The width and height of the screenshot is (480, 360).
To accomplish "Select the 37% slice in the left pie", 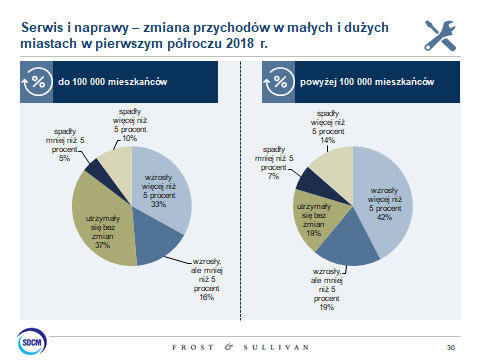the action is pyautogui.click(x=100, y=223).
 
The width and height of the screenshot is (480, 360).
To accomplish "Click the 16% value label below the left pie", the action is pyautogui.click(x=206, y=297).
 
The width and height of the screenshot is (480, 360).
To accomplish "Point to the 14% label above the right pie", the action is pyautogui.click(x=327, y=140).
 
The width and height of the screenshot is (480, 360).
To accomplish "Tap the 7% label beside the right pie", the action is pyautogui.click(x=273, y=176).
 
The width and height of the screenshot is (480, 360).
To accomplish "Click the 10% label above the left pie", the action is pyautogui.click(x=130, y=138).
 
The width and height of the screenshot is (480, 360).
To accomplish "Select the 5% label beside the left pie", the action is pyautogui.click(x=64, y=158).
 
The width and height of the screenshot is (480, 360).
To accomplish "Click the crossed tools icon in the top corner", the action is pyautogui.click(x=440, y=36).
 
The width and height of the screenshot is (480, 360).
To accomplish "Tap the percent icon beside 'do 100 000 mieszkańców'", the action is pyautogui.click(x=37, y=82).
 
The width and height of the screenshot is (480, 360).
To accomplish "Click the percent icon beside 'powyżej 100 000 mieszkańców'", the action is pyautogui.click(x=279, y=82).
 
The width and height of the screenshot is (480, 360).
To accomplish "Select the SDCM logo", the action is pyautogui.click(x=32, y=341).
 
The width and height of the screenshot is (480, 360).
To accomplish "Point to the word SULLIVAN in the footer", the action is pyautogui.click(x=276, y=347).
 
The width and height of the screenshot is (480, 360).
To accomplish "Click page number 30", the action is pyautogui.click(x=451, y=347).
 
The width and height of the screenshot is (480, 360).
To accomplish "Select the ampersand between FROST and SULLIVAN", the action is pyautogui.click(x=229, y=347).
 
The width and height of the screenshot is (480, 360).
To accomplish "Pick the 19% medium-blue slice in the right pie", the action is pyautogui.click(x=347, y=243).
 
